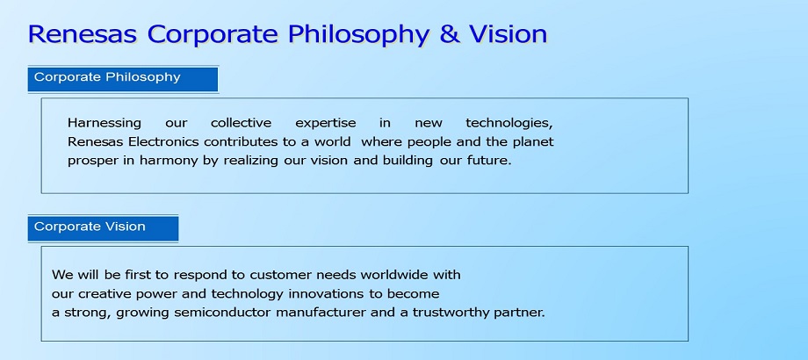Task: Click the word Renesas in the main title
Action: coord(83,34)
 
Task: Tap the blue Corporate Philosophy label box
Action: coord(123,79)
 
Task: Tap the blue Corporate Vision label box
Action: coord(103,228)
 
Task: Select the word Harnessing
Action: coord(105,124)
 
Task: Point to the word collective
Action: coord(241,123)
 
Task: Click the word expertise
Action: coord(326,124)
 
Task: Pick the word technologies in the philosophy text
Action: coord(509,124)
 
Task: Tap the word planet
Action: coord(533,142)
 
